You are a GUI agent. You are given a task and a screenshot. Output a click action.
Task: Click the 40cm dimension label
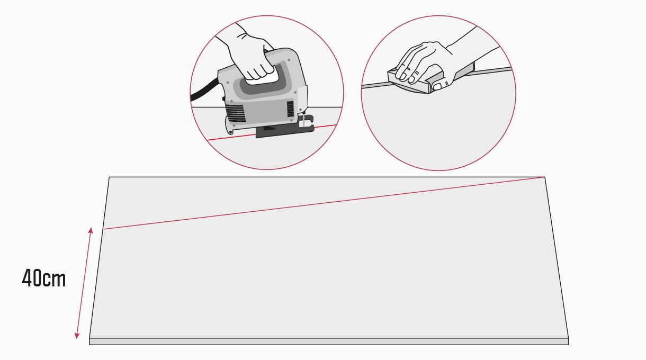coord(44,278)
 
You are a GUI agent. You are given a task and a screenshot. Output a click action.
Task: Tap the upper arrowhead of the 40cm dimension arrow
coord(91,230)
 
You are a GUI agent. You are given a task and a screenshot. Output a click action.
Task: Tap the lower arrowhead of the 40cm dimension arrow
coord(77,336)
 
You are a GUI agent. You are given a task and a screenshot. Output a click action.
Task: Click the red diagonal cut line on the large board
coord(324,203)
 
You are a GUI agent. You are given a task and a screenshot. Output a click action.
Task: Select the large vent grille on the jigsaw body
coord(236,113)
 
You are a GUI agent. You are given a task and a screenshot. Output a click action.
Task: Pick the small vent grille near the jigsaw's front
coord(290,109)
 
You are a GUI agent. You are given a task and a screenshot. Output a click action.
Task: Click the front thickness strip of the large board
coord(329,341)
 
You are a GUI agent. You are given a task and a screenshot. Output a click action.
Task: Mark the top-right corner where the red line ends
coord(544,177)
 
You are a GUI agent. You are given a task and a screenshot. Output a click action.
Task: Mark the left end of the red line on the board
coord(104,229)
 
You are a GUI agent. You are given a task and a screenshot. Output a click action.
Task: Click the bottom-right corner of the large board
coord(568,338)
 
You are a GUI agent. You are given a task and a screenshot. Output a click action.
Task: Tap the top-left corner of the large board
coord(109,177)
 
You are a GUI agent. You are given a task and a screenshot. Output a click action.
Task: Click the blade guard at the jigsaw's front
coord(306,122)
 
